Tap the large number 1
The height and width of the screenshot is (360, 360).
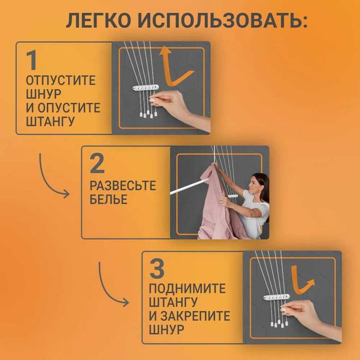coord(32,61)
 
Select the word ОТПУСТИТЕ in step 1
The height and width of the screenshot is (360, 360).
coord(61,81)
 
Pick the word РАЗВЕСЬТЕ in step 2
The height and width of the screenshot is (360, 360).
coord(122,186)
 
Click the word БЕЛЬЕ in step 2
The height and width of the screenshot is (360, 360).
coord(108,200)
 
